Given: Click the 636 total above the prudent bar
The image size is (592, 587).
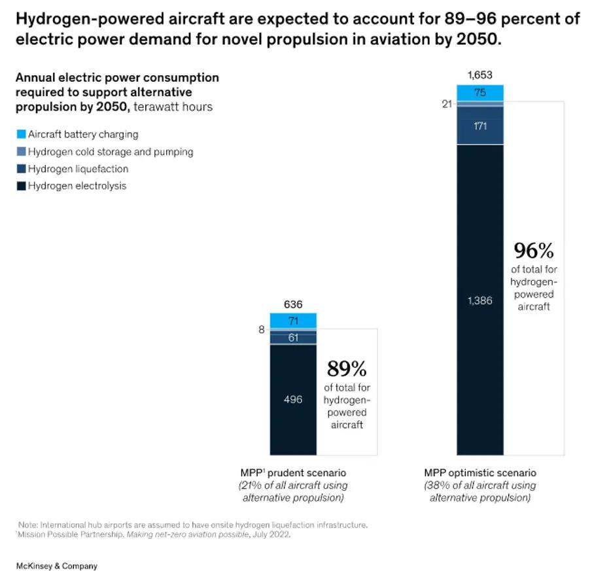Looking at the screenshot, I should (x=293, y=304).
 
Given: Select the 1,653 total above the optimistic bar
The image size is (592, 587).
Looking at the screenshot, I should (x=479, y=75).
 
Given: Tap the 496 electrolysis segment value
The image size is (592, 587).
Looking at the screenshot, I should (x=293, y=399).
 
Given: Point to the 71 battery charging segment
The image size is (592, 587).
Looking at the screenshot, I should (x=293, y=321).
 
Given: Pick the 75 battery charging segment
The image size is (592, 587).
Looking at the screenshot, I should (x=479, y=93).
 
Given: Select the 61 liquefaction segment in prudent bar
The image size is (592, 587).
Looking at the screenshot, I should (x=293, y=338).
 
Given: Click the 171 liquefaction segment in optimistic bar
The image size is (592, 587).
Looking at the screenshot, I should (x=479, y=126).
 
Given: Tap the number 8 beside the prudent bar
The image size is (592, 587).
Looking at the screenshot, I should (x=262, y=330).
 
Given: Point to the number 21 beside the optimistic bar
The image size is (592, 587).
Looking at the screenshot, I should (x=447, y=103).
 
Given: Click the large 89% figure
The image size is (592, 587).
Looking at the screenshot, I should (x=347, y=368).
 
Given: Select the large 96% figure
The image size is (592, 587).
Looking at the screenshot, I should (x=533, y=251).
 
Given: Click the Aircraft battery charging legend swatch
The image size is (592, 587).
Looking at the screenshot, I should (x=21, y=135).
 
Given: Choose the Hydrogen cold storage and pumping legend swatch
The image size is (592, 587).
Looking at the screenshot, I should (x=21, y=152).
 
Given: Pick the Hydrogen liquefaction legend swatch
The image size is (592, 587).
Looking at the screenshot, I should (x=21, y=169).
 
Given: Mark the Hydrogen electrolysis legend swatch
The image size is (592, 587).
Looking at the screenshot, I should (x=21, y=186).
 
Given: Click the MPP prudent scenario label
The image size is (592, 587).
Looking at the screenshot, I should (x=294, y=472).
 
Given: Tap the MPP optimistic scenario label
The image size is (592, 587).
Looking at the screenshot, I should (x=479, y=472).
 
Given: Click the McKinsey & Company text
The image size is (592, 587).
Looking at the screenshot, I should (x=57, y=565).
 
